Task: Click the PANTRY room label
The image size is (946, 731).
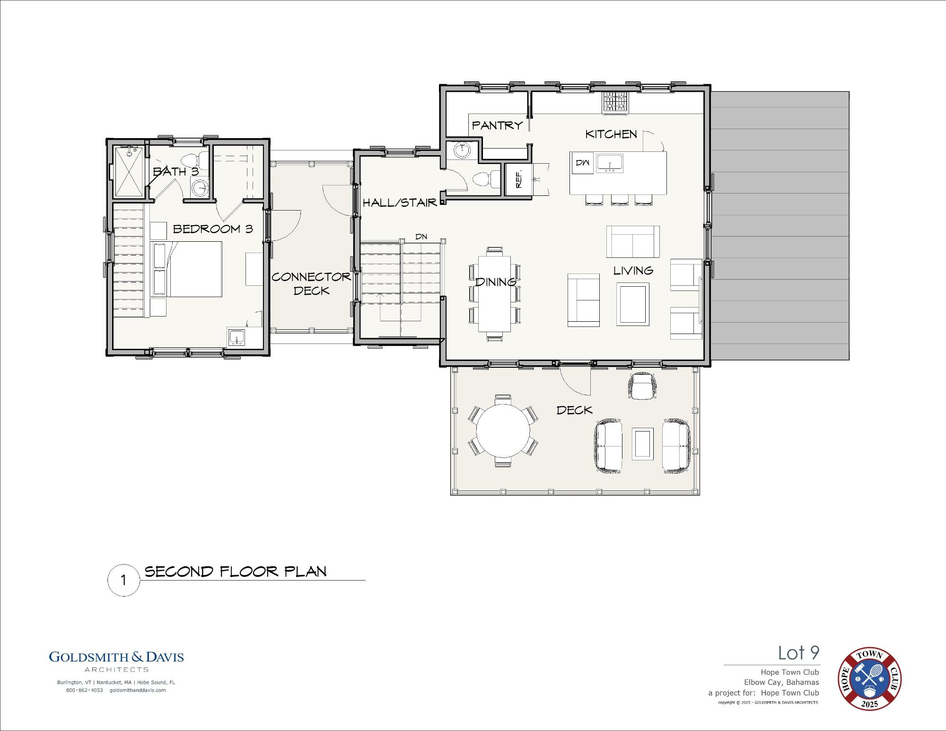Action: tap(497, 125)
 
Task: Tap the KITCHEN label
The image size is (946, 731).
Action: tap(611, 134)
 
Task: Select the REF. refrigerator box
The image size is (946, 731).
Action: tap(518, 179)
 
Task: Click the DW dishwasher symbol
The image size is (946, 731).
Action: tap(582, 163)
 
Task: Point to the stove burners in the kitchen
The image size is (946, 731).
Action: tap(615, 102)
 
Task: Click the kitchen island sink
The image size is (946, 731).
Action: tap(610, 163)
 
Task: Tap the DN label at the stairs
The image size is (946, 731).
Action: tap(421, 237)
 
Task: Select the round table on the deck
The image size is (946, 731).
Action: tap(503, 431)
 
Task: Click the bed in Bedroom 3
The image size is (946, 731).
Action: tap(186, 269)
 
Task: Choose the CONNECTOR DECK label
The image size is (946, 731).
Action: tap(311, 284)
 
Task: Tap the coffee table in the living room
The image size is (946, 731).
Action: tap(633, 304)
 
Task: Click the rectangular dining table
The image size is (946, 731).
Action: tap(495, 294)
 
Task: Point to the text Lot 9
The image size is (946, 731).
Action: tap(799, 653)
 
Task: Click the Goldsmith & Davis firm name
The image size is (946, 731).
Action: tap(116, 657)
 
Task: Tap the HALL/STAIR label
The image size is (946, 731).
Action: tap(400, 203)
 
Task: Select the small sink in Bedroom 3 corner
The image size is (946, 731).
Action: tap(236, 337)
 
